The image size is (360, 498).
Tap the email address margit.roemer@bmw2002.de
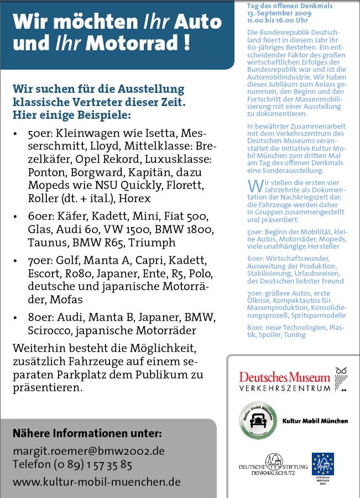[x=88, y=451]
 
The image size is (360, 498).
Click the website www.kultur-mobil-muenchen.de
[x=97, y=481]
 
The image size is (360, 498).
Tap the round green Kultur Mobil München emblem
[x=258, y=420]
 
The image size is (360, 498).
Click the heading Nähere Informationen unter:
[x=87, y=433]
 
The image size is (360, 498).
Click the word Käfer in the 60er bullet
[x=70, y=216]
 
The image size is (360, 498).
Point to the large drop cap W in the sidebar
[x=254, y=185]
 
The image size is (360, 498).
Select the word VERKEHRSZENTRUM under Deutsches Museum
[x=284, y=388]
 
